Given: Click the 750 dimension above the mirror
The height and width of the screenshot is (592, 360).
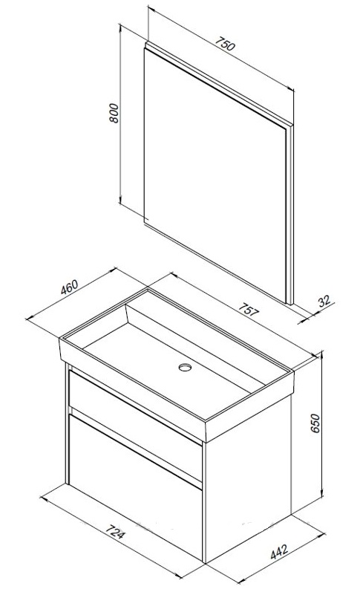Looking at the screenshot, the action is (226, 44).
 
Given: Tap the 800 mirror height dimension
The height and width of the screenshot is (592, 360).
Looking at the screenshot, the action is (114, 112).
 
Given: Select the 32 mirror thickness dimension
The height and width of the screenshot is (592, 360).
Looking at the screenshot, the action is (324, 302).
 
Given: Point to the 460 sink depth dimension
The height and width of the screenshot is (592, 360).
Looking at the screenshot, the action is (70, 287).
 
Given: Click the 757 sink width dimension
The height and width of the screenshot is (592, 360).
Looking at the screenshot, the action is (249, 309).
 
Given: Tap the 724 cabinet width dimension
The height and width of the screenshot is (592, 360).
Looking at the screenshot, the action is (114, 532).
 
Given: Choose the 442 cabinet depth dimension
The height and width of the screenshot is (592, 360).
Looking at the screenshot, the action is (279, 552).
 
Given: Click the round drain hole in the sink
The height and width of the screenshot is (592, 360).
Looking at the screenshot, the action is (185, 367).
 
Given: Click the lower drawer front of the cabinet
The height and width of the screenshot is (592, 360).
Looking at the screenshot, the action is (135, 487).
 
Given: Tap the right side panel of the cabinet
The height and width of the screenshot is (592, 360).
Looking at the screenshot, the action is (248, 478).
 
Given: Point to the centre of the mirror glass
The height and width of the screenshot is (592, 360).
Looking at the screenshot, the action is (215, 175).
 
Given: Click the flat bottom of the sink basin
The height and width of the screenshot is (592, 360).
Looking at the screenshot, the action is (173, 370).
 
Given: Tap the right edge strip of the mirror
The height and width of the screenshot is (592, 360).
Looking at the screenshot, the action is (289, 215).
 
